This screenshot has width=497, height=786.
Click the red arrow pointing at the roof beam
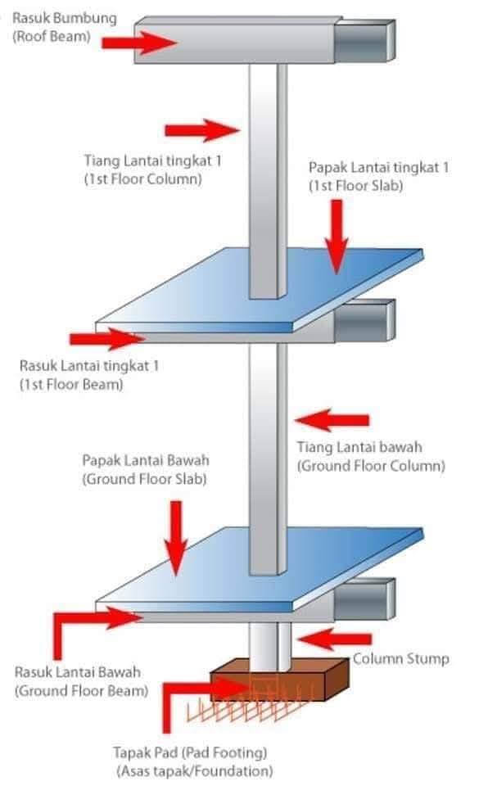pyautogui.click(x=139, y=43)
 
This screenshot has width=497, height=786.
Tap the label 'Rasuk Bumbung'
pyautogui.click(x=65, y=18)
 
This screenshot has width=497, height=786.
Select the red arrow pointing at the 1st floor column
pyautogui.click(x=201, y=130)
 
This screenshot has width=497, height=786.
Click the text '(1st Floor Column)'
pyautogui.click(x=143, y=179)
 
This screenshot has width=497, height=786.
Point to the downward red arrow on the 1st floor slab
pyautogui.click(x=337, y=236)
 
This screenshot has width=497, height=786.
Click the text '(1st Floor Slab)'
pyautogui.click(x=356, y=186)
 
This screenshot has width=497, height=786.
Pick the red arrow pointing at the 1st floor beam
pyautogui.click(x=106, y=339)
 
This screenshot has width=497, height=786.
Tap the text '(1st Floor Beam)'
pyautogui.click(x=71, y=385)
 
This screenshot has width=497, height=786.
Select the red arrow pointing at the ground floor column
pyautogui.click(x=332, y=420)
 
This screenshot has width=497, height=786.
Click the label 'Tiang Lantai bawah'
pyautogui.click(x=359, y=447)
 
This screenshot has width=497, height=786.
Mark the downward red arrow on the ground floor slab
pyautogui.click(x=175, y=538)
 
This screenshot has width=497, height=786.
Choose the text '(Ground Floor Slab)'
pyautogui.click(x=144, y=479)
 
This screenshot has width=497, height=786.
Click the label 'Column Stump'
pyautogui.click(x=400, y=658)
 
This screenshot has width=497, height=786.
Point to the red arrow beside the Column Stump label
pyautogui.click(x=335, y=639)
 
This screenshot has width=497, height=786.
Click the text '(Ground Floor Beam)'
pyautogui.click(x=82, y=691)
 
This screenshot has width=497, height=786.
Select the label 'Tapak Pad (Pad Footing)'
pyautogui.click(x=190, y=752)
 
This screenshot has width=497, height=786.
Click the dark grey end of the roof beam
pyautogui.click(x=365, y=41)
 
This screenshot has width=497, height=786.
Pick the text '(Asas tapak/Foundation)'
pyautogui.click(x=195, y=771)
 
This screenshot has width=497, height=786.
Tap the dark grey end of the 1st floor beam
pyautogui.click(x=365, y=321)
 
